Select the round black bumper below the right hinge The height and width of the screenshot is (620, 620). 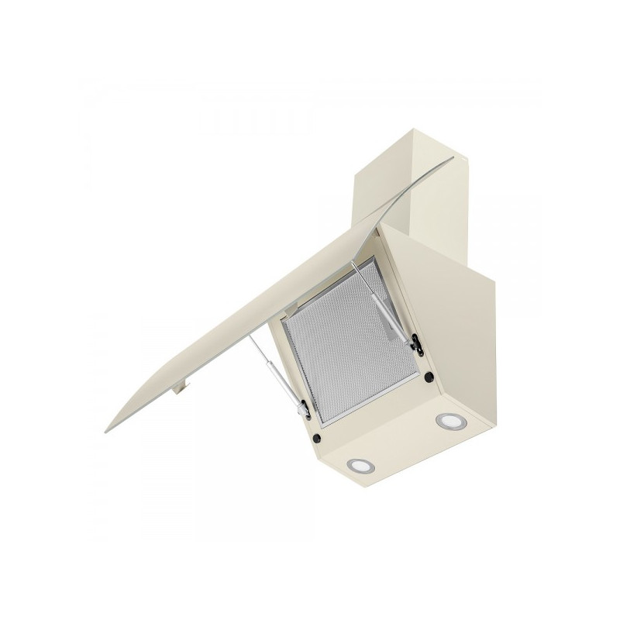coord(427,377)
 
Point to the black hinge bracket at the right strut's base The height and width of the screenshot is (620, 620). coord(416,341)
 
